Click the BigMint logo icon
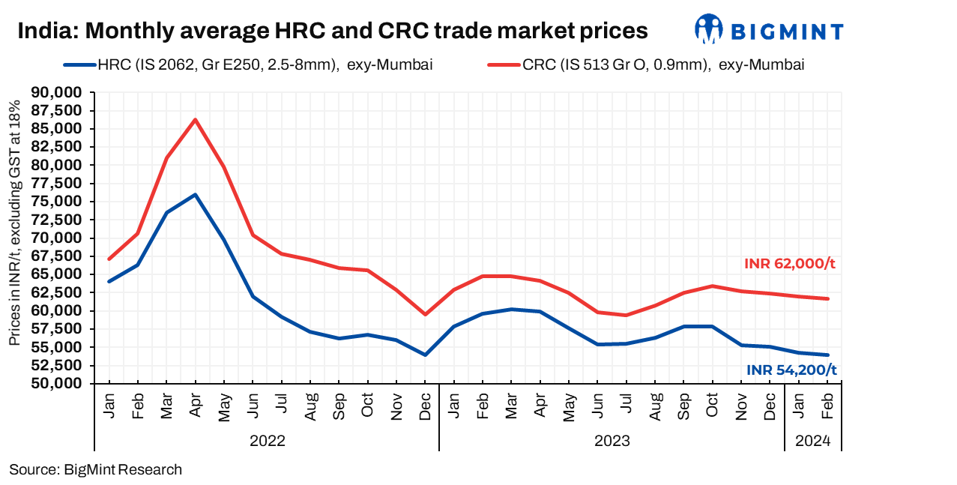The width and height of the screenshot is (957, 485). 708,29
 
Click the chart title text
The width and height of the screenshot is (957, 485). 332,31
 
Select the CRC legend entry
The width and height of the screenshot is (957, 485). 646,64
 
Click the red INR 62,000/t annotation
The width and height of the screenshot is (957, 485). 789,264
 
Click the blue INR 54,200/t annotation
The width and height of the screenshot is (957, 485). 791,370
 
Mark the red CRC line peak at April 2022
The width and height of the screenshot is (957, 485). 195,119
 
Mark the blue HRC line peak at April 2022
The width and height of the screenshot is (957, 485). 195,195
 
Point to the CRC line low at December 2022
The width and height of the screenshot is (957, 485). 425,314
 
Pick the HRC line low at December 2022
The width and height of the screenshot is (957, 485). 425,355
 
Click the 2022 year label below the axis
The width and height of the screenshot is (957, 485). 267,441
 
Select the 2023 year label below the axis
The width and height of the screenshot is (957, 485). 612,441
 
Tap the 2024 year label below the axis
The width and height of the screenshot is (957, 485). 813,441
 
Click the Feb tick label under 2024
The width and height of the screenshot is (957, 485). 827,405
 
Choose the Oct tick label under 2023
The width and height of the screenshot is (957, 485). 713,405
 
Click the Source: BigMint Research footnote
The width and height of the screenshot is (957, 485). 95,470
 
